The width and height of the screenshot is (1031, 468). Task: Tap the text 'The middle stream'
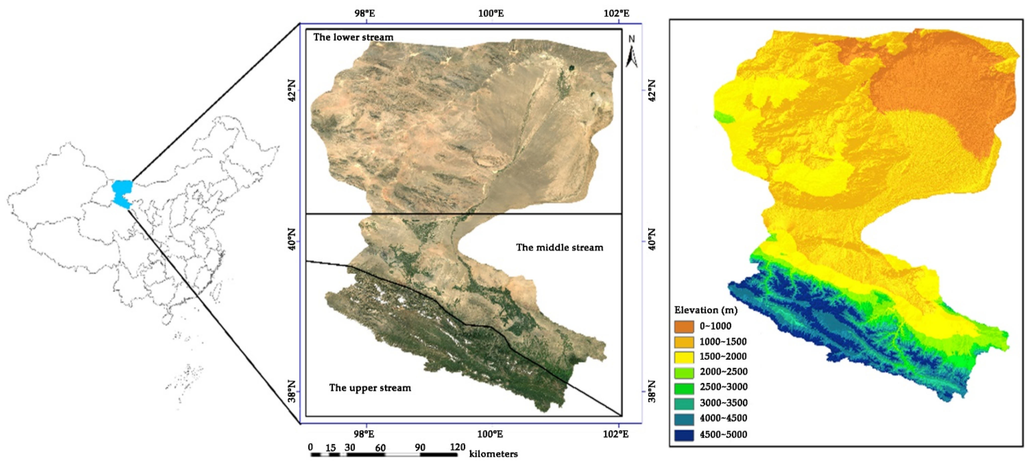pos(559,248)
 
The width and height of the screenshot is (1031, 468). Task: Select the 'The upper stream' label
pos(370,388)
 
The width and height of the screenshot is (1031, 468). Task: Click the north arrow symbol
pos(631,52)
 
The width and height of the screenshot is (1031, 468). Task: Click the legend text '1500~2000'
pos(723,356)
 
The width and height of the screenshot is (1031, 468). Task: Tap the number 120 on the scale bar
pos(458,447)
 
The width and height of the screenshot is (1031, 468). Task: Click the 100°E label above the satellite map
pos(491,14)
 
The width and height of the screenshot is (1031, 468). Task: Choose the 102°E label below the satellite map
pos(616,434)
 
